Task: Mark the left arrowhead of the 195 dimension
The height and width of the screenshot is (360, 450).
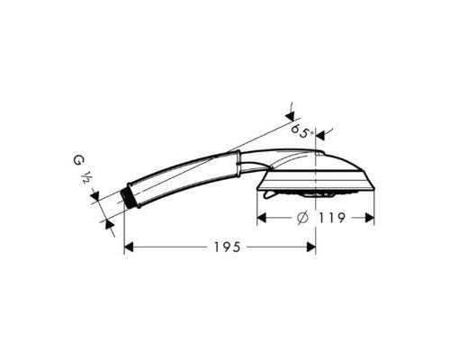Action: click(x=129, y=246)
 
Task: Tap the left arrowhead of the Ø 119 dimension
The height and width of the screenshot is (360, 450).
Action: click(x=263, y=217)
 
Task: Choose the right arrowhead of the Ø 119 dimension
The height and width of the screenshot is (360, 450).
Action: click(x=368, y=217)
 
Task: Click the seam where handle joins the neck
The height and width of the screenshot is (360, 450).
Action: click(x=239, y=164)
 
